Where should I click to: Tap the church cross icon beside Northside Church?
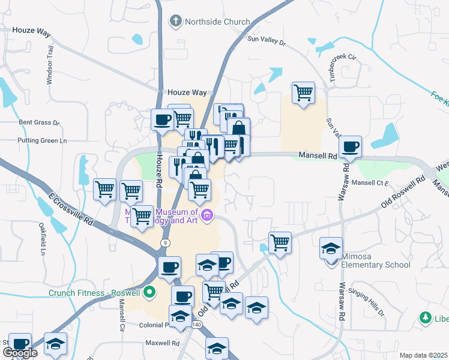(176, 22)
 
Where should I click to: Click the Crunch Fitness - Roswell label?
(95, 293)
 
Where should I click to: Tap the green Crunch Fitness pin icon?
(149, 293)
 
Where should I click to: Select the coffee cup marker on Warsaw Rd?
(350, 146)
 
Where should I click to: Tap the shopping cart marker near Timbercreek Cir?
(304, 93)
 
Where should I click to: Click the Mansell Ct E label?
(370, 182)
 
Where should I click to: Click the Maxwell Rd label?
(163, 343)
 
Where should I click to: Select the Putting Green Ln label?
(42, 141)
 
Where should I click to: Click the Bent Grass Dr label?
(39, 122)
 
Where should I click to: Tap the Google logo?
(20, 353)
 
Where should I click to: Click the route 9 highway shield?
(164, 242)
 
